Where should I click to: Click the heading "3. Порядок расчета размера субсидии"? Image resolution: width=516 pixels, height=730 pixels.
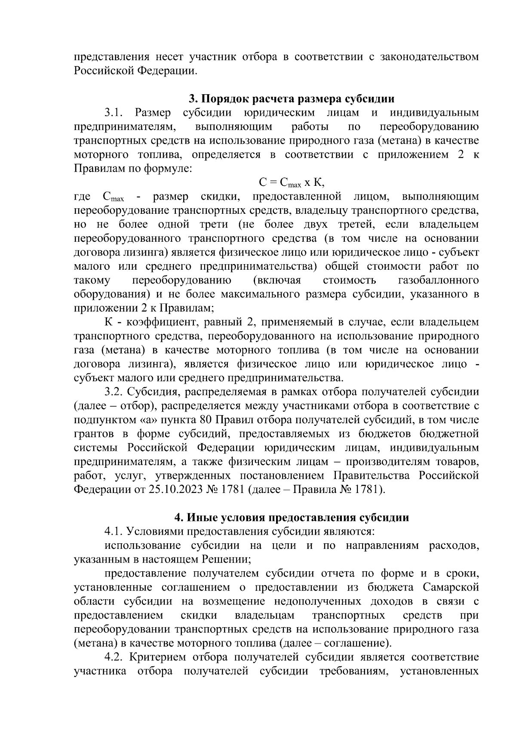[292, 99]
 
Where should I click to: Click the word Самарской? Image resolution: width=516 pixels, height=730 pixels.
[451, 588]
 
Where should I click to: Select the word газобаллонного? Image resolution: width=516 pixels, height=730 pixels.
[439, 280]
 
